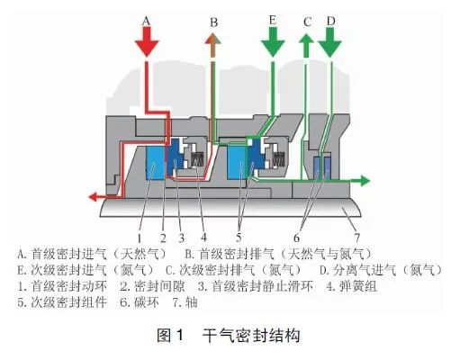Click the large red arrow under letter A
tap(147, 41)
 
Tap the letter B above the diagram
tap(214, 22)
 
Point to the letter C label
tap(307, 22)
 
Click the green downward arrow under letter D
tap(330, 41)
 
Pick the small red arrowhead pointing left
tap(94, 197)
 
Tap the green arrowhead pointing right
tap(365, 181)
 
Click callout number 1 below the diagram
tap(140, 238)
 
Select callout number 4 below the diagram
tap(204, 238)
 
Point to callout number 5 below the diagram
tap(239, 238)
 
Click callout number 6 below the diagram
tap(297, 238)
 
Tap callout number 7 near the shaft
tap(356, 238)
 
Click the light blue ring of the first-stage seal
tap(155, 163)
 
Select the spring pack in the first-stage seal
tap(197, 159)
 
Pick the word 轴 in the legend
tap(192, 302)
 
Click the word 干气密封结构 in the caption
tap(251, 336)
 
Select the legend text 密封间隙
tap(159, 286)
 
